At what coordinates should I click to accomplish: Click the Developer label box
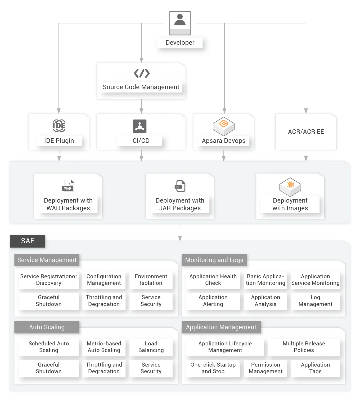[x=180, y=43]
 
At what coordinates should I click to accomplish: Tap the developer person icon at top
[x=180, y=20]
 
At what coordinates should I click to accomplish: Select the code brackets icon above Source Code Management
[x=142, y=73]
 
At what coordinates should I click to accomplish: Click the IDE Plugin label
[x=59, y=141]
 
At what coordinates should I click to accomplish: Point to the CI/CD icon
[x=139, y=126]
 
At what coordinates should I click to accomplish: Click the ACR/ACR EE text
[x=306, y=132]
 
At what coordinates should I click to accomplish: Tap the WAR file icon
[x=68, y=186]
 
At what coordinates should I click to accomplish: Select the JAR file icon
[x=180, y=186]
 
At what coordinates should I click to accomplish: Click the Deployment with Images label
[x=290, y=204]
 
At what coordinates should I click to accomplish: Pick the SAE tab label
[x=28, y=241]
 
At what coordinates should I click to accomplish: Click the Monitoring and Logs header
[x=214, y=260]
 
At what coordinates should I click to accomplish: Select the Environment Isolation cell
[x=151, y=280]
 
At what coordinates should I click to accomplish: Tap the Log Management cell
[x=315, y=301]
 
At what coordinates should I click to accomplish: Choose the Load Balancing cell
[x=151, y=347]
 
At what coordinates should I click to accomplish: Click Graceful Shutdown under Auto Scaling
[x=49, y=368]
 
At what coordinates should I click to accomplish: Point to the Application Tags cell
[x=315, y=368]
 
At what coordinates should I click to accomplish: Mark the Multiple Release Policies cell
[x=304, y=347]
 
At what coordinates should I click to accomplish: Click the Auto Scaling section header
[x=47, y=327]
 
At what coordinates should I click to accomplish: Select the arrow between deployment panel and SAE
[x=180, y=233]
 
